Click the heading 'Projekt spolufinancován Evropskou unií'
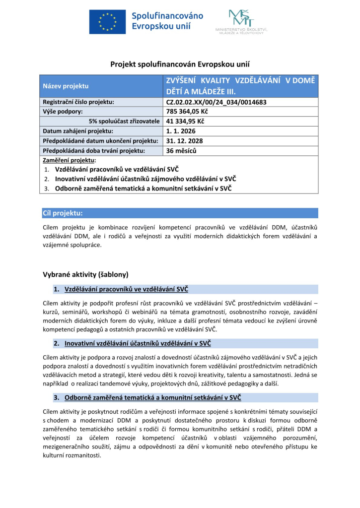180,64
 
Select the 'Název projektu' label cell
65,86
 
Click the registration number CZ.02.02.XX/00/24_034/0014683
216,102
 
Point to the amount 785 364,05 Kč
189,112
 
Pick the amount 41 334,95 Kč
186,121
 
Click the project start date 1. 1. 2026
181,131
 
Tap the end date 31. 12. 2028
184,140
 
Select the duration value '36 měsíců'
181,150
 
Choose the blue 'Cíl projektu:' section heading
63,213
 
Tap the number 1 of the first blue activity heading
56,289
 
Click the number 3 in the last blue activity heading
56,397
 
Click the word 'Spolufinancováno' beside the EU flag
167,15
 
